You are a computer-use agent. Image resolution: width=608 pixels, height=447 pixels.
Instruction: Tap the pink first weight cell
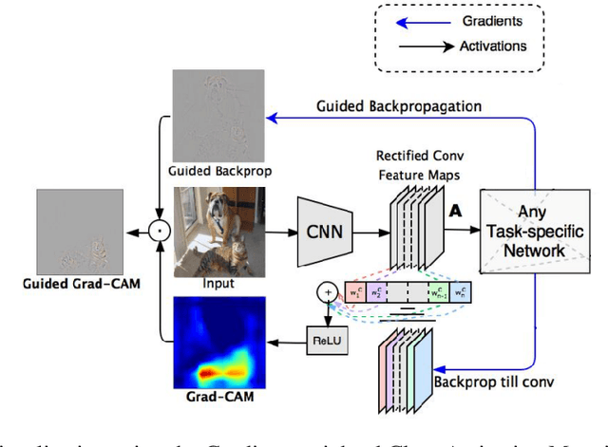tap(356, 292)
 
